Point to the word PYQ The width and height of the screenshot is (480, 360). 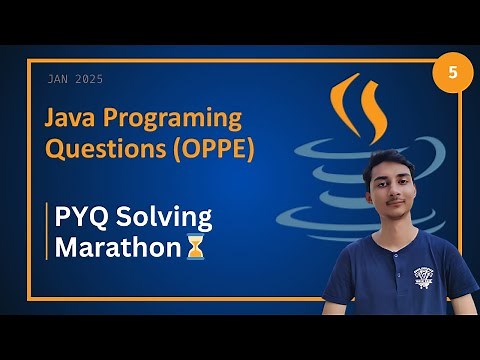[x=84, y=216]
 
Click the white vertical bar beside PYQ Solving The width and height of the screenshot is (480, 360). [x=47, y=231]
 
